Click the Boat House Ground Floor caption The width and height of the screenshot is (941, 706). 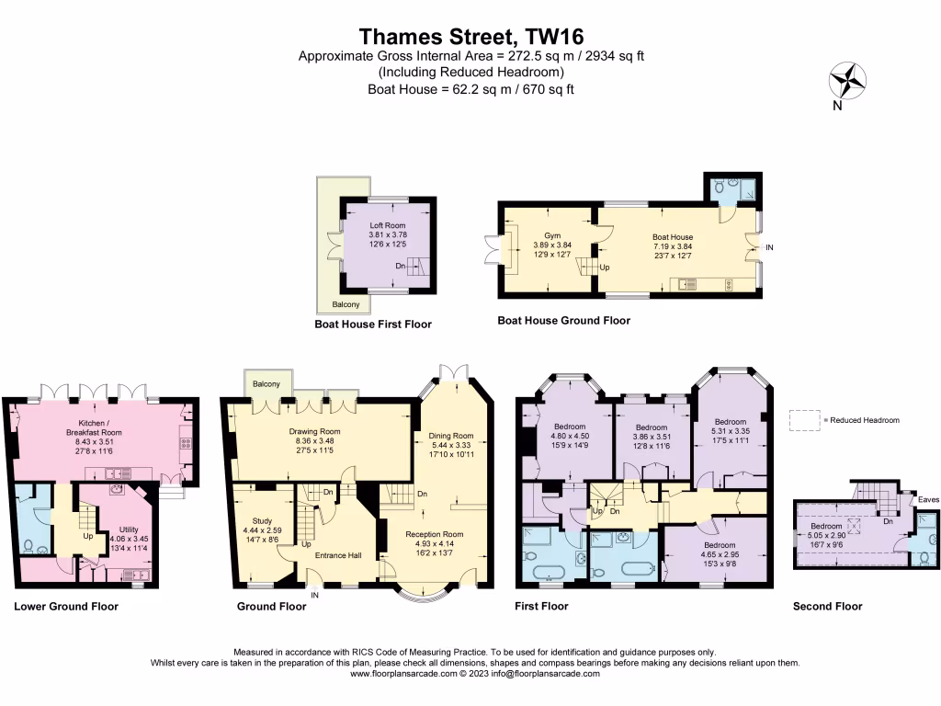(x=563, y=321)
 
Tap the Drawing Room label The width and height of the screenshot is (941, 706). (x=315, y=431)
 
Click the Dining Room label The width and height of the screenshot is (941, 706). (x=450, y=436)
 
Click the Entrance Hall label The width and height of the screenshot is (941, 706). (x=336, y=555)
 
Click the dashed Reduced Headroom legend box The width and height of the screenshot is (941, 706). (x=805, y=420)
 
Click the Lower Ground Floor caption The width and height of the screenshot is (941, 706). (x=66, y=607)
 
